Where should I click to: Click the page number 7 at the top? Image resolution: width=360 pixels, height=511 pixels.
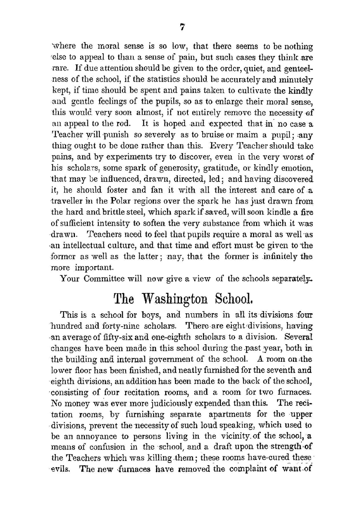182,27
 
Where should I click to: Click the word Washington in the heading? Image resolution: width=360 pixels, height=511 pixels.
176,298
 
